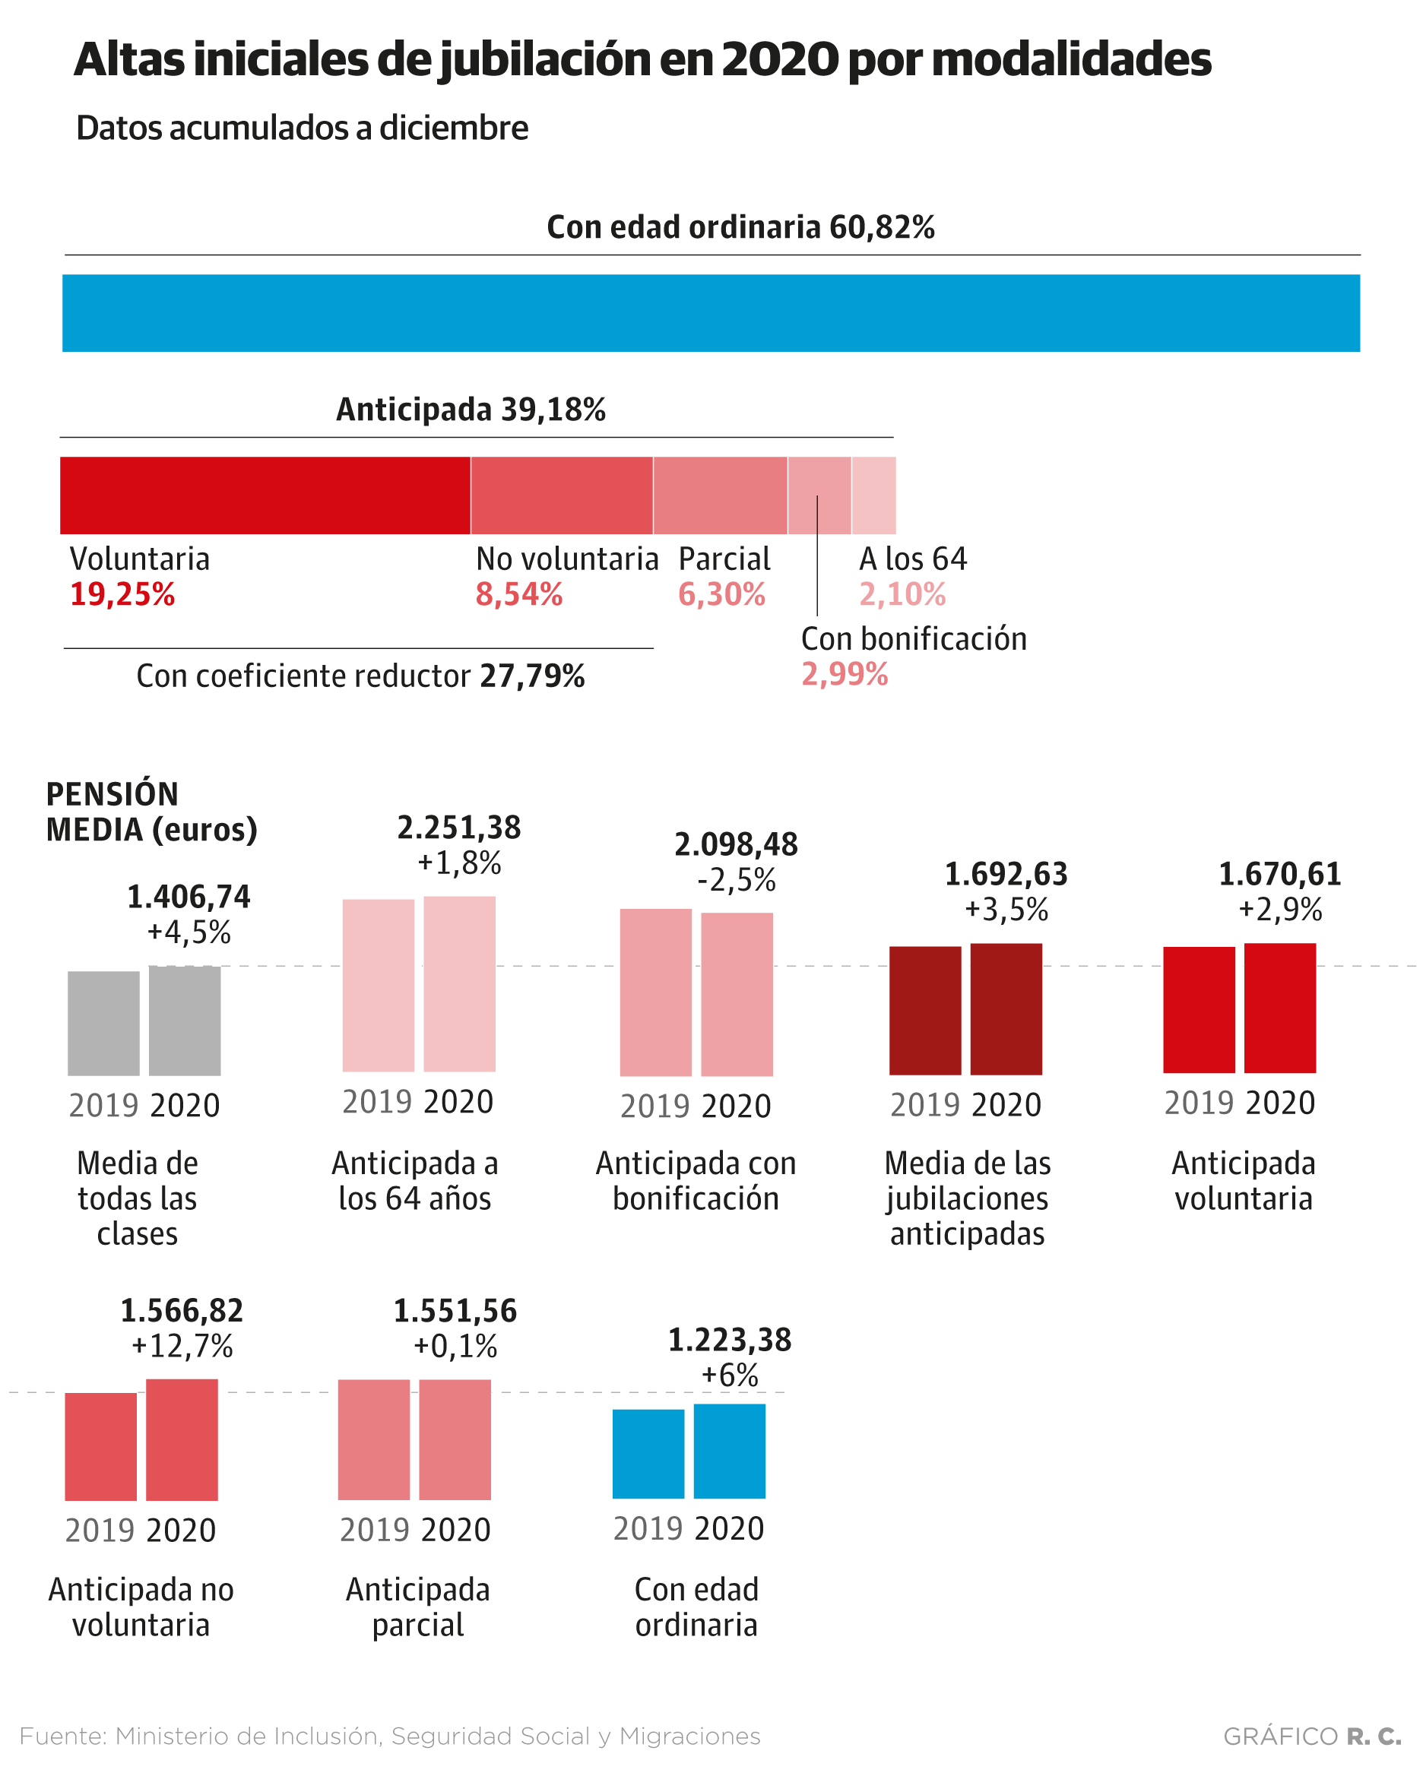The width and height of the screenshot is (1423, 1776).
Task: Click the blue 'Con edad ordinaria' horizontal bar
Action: tap(710, 313)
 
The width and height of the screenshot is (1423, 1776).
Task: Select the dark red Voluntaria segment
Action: tap(265, 495)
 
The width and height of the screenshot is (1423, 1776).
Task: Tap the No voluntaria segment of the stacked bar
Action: tap(561, 495)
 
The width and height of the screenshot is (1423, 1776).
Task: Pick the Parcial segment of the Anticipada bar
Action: tap(719, 495)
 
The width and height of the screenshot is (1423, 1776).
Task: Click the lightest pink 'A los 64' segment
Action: tap(873, 495)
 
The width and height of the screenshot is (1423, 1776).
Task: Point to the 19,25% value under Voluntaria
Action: tap(122, 594)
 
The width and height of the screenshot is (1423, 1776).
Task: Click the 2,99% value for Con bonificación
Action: tap(844, 674)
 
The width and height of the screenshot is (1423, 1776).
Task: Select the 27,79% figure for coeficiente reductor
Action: tap(531, 676)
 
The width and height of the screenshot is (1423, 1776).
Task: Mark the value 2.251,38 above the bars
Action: tap(459, 827)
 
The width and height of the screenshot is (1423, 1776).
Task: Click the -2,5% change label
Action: tap(736, 880)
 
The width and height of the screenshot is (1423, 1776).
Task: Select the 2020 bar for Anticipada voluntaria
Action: tap(1279, 1008)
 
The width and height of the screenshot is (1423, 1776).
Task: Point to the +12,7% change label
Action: tap(182, 1345)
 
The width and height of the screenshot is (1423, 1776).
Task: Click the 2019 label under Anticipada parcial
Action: tap(374, 1530)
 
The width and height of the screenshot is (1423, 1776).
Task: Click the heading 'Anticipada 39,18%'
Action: tap(471, 410)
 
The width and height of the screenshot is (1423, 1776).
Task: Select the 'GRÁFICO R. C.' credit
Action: tap(1311, 1736)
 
